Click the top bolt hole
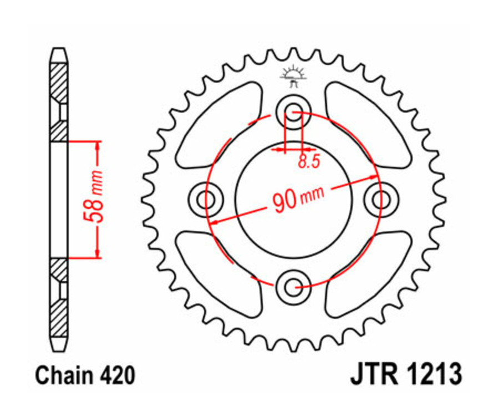tap(293, 109)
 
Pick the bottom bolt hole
tap(293, 287)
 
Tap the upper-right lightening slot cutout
tap(366, 125)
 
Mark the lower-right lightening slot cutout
tap(366, 272)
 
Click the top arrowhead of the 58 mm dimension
tap(98, 146)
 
